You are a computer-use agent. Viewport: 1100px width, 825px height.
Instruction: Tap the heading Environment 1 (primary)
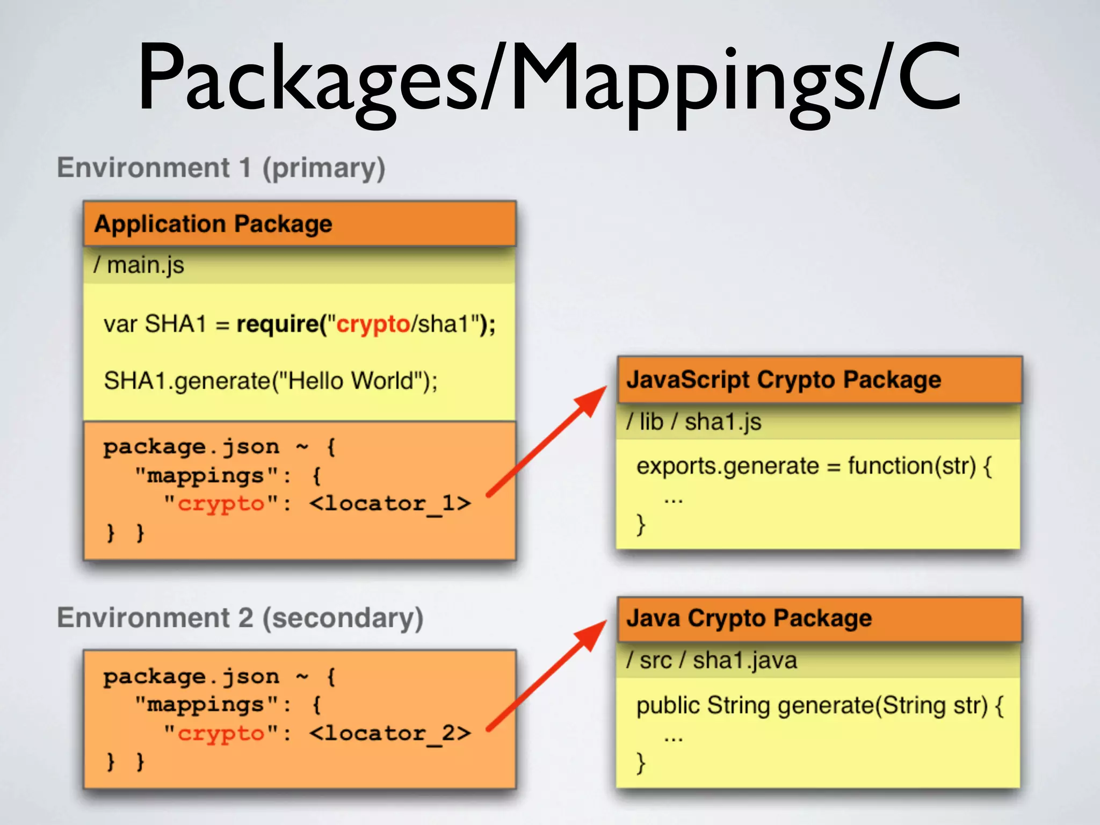pos(221,168)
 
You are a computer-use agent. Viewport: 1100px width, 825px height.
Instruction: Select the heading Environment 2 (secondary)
pos(240,618)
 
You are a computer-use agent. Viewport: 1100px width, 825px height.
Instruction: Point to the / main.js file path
pos(139,265)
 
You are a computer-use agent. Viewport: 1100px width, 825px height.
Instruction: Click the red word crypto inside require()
pos(373,324)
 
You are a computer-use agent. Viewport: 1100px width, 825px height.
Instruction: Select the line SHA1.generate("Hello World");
pos(271,381)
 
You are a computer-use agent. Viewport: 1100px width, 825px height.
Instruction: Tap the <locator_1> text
pos(390,503)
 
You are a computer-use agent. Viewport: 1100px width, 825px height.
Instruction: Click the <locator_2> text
pos(390,733)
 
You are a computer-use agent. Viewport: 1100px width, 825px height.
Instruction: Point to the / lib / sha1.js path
pos(693,422)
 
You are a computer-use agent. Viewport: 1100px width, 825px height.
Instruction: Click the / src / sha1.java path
pos(712,660)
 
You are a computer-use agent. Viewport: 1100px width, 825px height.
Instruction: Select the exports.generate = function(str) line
pos(814,466)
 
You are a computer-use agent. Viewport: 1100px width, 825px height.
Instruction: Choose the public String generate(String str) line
pos(820,705)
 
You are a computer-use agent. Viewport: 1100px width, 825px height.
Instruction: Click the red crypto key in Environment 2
pos(221,734)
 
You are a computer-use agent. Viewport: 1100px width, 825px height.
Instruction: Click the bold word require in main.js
pos(278,324)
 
